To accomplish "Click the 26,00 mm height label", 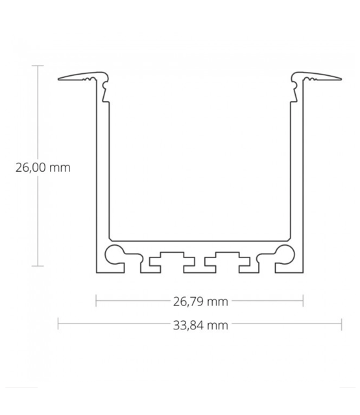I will pos(42,167).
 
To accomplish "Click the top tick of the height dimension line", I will pos(39,65).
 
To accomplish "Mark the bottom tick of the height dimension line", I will pos(39,266).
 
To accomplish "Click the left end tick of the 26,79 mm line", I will pos(96,301).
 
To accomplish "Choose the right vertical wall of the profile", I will pos(296,169).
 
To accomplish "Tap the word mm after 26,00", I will pos(60,167).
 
